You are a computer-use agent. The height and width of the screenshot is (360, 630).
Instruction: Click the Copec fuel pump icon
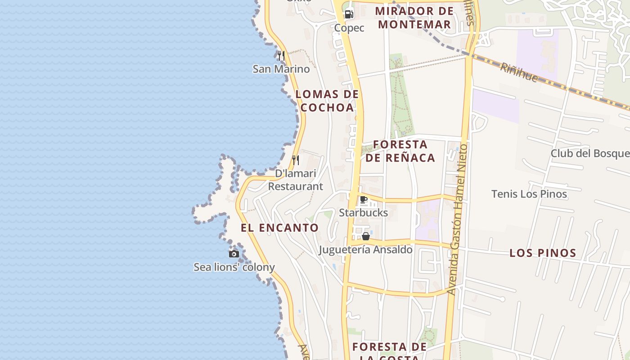(x=349, y=14)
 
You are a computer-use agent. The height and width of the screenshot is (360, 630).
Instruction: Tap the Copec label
(x=349, y=28)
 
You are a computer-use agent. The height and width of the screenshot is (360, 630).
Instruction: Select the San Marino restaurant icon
(x=281, y=55)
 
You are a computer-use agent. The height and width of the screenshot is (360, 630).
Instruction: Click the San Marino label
(x=281, y=69)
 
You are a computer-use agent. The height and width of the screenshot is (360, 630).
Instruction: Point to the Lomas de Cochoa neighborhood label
(x=327, y=101)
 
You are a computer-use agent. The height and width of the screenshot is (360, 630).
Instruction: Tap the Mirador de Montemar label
(x=414, y=18)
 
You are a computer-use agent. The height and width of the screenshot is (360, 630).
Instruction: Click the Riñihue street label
(x=519, y=72)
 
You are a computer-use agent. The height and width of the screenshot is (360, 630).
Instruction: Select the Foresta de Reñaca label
(x=400, y=151)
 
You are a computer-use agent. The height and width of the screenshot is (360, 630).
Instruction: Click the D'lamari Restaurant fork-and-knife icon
(x=296, y=160)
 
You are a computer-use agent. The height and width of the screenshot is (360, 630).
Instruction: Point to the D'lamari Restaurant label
(x=296, y=180)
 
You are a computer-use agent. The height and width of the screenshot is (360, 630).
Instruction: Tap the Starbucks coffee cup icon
(x=364, y=199)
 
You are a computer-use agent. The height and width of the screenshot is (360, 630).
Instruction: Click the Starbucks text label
(x=364, y=212)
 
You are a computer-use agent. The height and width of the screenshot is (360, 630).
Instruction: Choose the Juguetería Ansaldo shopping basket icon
(x=366, y=236)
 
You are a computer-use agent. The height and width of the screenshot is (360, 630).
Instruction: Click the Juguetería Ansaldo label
(x=366, y=249)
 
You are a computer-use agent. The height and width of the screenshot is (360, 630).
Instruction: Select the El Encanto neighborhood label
(x=279, y=228)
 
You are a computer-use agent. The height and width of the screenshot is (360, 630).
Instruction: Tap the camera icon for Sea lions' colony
(x=234, y=254)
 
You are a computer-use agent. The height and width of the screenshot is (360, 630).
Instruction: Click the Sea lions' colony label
(x=234, y=267)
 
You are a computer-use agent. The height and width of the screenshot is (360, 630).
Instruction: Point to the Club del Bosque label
(x=590, y=153)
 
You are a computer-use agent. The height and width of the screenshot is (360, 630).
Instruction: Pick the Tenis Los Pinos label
(x=529, y=194)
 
